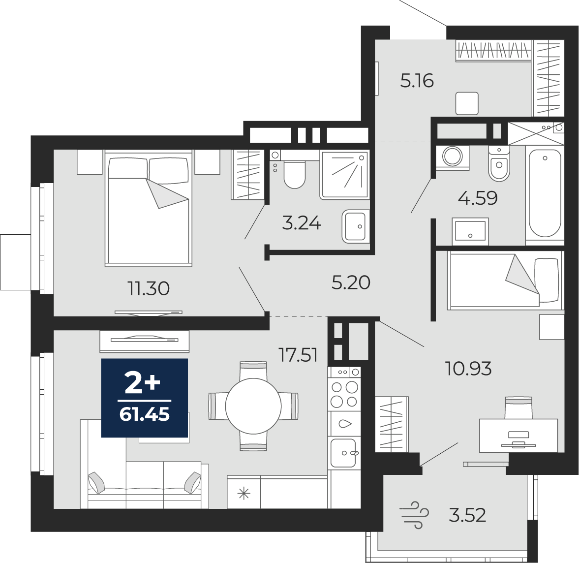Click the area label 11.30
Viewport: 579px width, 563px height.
pyautogui.click(x=149, y=288)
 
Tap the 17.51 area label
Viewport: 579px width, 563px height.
pyautogui.click(x=298, y=355)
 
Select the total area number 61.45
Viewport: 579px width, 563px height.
pyautogui.click(x=144, y=414)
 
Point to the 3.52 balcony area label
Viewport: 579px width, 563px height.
pyautogui.click(x=467, y=515)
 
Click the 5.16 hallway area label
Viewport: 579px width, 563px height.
pyautogui.click(x=417, y=81)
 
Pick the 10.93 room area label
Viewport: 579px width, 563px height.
pyautogui.click(x=469, y=368)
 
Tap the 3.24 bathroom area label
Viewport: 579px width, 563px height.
pyautogui.click(x=302, y=223)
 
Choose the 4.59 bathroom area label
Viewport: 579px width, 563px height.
pyautogui.click(x=478, y=198)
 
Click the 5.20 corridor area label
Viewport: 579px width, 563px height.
pyautogui.click(x=351, y=282)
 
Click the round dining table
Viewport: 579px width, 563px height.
pyautogui.click(x=253, y=406)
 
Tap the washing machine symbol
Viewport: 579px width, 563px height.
pyautogui.click(x=453, y=157)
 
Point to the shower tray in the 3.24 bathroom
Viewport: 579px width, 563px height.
pyautogui.click(x=344, y=175)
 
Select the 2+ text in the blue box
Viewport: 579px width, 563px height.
pyautogui.click(x=143, y=383)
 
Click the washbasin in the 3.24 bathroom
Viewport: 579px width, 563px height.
pyautogui.click(x=356, y=226)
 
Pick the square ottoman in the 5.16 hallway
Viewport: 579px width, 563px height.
pyautogui.click(x=467, y=103)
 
